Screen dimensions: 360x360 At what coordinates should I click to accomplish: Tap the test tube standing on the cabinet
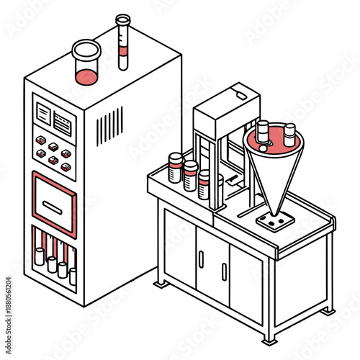point(123,42)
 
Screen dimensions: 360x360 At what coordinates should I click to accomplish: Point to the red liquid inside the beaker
point(86,76)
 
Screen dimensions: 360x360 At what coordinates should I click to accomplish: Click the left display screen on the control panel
point(44,114)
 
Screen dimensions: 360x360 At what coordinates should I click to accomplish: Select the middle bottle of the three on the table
point(191,176)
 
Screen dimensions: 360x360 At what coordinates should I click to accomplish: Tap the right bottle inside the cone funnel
point(289,132)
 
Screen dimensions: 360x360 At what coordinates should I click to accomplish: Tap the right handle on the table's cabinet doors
point(224,272)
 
